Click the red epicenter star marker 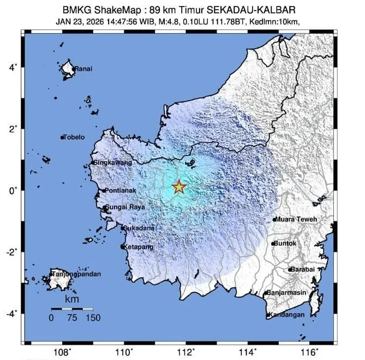point(179,187)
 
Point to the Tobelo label point(75,137)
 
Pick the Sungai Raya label point(124,208)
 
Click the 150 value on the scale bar point(93,318)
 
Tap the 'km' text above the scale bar point(71,299)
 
